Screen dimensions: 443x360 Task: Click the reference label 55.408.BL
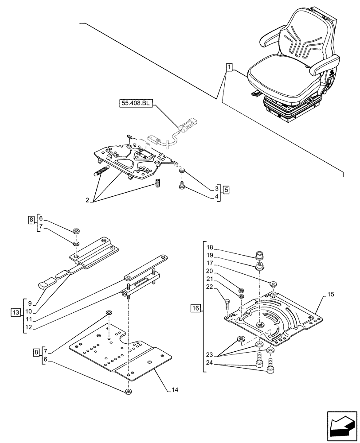tap(136, 104)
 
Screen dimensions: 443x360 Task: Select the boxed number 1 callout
tap(229, 67)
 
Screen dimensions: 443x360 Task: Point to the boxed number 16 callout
tap(196, 307)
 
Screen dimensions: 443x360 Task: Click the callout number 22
tap(210, 288)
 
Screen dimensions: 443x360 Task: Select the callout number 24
tap(210, 363)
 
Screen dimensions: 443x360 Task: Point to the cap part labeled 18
tap(260, 255)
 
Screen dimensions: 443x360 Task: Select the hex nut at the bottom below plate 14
tap(128, 391)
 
